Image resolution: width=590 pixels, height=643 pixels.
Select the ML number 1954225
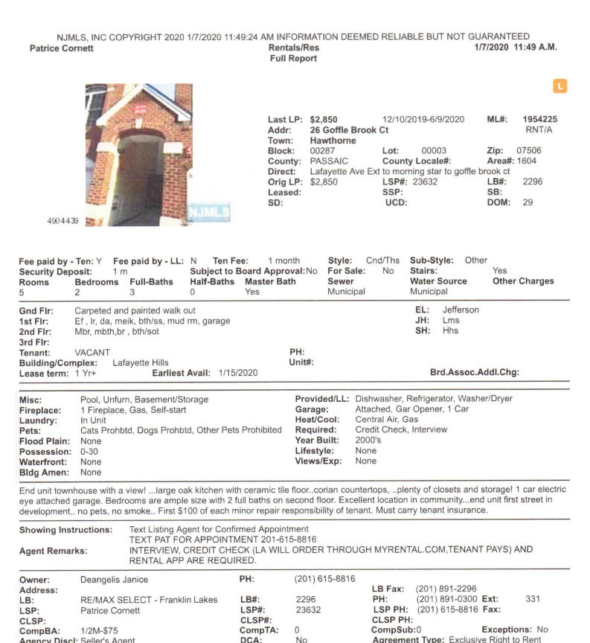click(540, 119)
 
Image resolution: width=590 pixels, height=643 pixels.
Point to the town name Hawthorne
click(334, 140)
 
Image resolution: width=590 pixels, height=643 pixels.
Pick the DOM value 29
click(528, 202)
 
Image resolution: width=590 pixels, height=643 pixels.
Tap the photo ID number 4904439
click(62, 220)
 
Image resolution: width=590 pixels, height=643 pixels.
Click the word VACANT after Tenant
click(93, 351)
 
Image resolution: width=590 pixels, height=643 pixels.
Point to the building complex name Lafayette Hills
click(141, 362)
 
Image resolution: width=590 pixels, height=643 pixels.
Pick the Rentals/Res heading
click(293, 48)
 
